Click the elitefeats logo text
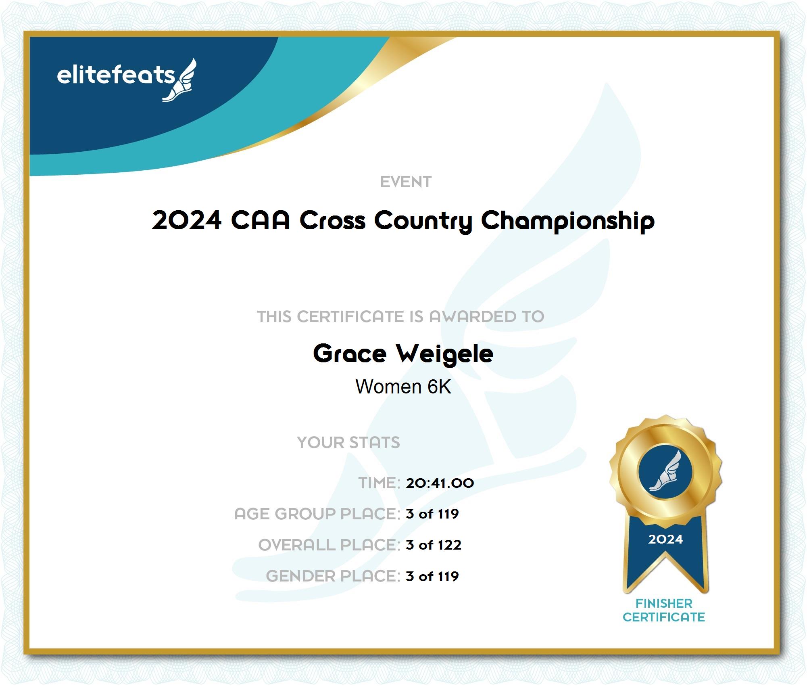tap(116, 75)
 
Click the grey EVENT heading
tap(406, 182)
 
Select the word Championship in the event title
tap(568, 221)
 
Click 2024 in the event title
tap(187, 220)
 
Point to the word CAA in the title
tap(260, 220)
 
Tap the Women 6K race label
tap(403, 387)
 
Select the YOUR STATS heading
tap(348, 443)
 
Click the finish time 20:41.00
tap(440, 483)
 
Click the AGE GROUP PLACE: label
tap(317, 514)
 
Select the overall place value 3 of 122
tap(434, 545)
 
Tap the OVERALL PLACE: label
tap(329, 545)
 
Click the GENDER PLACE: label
tap(333, 576)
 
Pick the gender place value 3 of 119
tap(432, 576)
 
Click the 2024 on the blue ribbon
tap(665, 539)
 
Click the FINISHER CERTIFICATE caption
tap(664, 610)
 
